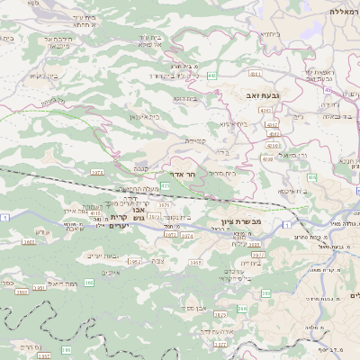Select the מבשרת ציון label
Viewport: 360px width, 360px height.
coord(239,220)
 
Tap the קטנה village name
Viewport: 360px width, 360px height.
coord(141,168)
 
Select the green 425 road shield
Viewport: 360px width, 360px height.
coord(165,184)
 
